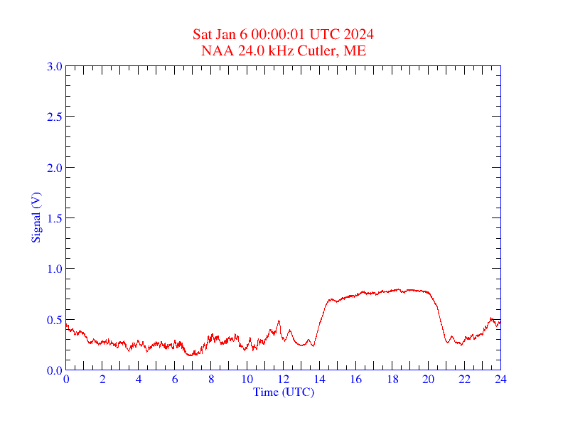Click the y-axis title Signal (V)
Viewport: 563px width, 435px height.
35,217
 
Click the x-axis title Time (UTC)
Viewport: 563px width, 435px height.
282,392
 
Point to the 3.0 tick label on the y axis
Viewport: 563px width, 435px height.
54,66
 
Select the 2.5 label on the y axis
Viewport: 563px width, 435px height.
54,117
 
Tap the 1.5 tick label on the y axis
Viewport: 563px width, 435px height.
54,218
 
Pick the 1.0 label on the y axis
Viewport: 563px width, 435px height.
54,269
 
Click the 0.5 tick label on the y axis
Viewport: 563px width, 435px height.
54,320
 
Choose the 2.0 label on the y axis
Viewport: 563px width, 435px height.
54,168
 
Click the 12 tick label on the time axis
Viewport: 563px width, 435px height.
283,380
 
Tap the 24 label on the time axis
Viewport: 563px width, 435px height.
500,380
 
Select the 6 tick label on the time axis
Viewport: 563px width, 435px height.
175,380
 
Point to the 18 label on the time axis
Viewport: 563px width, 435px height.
392,380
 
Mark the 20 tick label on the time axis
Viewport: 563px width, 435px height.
428,380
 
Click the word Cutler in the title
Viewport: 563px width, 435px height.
320,50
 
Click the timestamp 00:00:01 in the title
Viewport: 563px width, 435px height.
279,35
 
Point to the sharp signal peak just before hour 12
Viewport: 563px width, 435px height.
279,321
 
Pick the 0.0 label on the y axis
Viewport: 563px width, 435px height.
54,370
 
